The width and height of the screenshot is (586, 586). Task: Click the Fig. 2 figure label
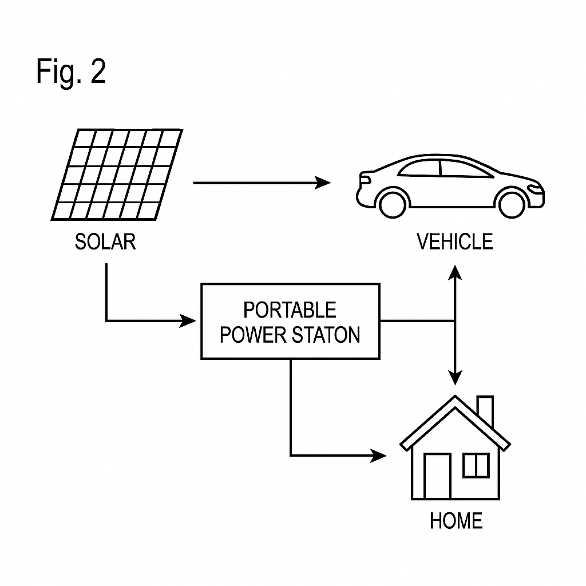[x=71, y=72]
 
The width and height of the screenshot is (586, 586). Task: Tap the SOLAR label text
[x=105, y=242]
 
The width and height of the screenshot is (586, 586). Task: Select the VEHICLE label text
[x=454, y=242]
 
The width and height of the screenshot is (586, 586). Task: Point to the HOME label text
[x=456, y=521]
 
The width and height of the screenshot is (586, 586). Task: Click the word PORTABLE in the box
[x=290, y=310]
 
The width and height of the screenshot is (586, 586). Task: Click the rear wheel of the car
[x=393, y=203]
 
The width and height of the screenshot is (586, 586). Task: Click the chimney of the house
[x=485, y=410]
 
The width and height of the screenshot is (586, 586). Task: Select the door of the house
[x=437, y=475]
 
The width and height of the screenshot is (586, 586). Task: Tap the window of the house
[x=476, y=464]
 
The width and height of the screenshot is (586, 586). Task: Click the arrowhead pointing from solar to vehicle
[x=324, y=183]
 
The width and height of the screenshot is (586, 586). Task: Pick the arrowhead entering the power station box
[x=189, y=320]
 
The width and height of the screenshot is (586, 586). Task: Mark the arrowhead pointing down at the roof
[x=455, y=378]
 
